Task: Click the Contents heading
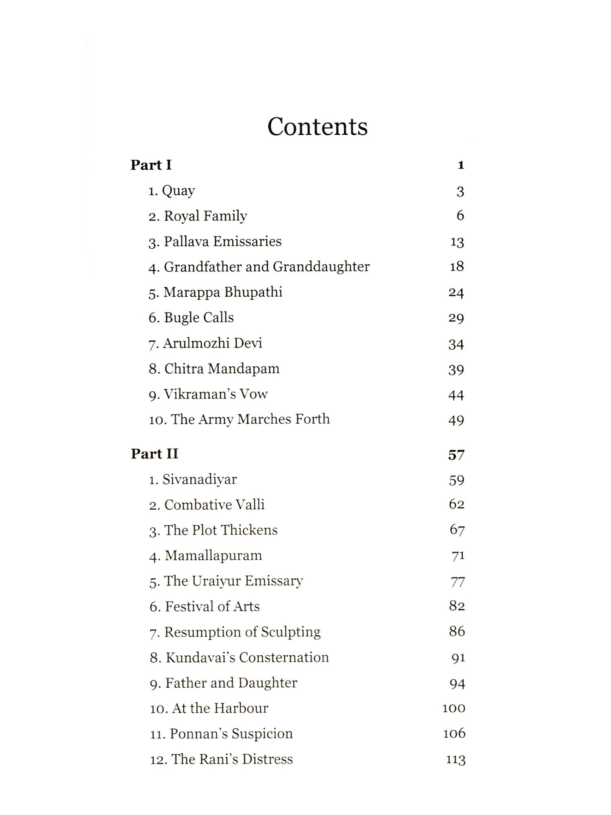tap(317, 126)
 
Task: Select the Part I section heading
tap(151, 165)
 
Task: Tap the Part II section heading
tap(154, 454)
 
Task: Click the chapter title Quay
tap(178, 191)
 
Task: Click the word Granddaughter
tap(321, 267)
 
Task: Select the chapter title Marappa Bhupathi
tap(223, 292)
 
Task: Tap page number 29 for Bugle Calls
tap(456, 318)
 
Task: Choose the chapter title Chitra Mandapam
tap(222, 369)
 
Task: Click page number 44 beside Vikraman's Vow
tap(456, 394)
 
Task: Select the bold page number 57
tap(456, 454)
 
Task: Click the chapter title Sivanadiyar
tap(200, 480)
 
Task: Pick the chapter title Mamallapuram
tap(213, 556)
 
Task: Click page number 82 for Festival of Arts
tap(457, 606)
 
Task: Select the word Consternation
tap(284, 657)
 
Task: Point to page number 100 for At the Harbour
tap(454, 708)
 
